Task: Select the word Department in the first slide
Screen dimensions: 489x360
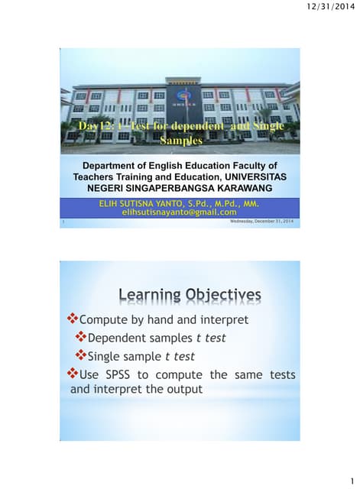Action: click(115, 165)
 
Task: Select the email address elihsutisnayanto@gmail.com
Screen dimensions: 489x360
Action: click(180, 212)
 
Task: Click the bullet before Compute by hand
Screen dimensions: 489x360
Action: click(74, 319)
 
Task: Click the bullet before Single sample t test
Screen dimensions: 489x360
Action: click(82, 355)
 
